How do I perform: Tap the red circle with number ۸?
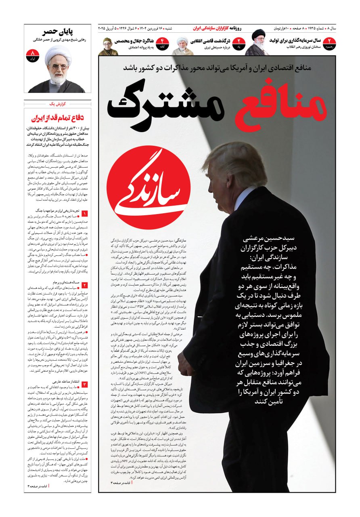pos(33,55)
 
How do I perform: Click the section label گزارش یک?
pos(58,104)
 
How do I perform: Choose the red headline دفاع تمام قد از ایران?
pos(58,118)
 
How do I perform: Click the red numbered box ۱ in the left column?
pos(85,213)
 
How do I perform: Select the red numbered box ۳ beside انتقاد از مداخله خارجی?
pos(85,384)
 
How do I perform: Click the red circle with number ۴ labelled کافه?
pos(163,42)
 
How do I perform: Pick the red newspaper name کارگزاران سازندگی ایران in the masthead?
pos(212,29)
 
